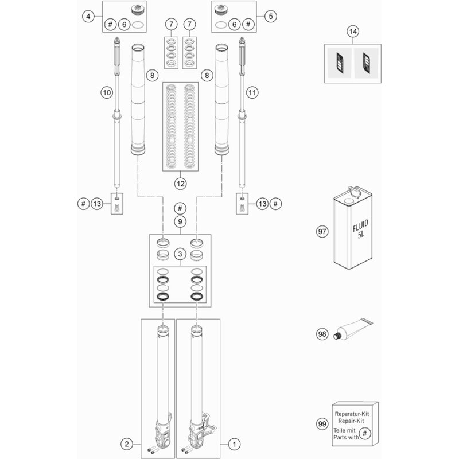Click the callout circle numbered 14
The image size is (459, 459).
tap(353, 32)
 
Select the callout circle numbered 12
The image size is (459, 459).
tap(180, 184)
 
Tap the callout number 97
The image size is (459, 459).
tap(322, 232)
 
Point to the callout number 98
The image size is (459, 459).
tap(322, 334)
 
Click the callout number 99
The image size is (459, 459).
tap(322, 424)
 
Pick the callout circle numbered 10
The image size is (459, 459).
tap(107, 93)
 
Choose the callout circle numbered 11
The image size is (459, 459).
tap(252, 93)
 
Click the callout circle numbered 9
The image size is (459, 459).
tap(180, 221)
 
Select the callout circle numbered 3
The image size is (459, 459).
tap(180, 254)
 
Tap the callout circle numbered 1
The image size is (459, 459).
tap(234, 444)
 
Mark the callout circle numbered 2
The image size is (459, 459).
tap(127, 444)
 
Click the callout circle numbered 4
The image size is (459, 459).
tap(88, 17)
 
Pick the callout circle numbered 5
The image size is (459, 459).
tap(270, 17)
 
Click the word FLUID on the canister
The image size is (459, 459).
tap(360, 225)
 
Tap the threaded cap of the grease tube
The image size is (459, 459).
tap(337, 336)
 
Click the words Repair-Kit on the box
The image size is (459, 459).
tap(351, 421)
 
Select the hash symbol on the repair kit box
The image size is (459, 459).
tap(365, 433)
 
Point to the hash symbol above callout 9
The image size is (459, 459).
tap(180, 208)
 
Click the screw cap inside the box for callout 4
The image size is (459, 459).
tap(137, 10)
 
